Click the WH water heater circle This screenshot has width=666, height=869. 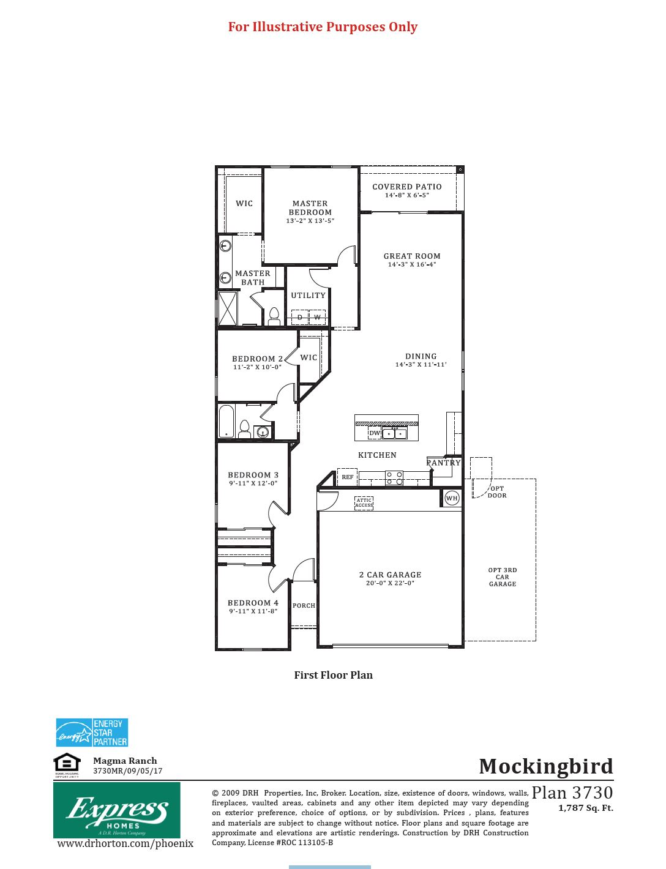(x=452, y=498)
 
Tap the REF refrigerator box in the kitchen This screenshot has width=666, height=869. (x=347, y=477)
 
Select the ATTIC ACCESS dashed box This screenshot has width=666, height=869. (x=364, y=503)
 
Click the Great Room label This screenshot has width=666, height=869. (x=412, y=256)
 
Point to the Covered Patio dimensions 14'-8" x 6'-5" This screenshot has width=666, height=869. (x=407, y=196)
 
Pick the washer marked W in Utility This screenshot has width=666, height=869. (x=317, y=318)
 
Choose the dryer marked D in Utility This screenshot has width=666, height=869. (x=300, y=318)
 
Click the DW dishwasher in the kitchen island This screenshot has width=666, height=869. (x=375, y=433)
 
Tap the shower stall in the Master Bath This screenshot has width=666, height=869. (x=228, y=308)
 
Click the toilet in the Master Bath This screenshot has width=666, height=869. (x=274, y=316)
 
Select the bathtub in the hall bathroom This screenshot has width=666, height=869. (x=226, y=420)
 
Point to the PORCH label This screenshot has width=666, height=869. (x=304, y=606)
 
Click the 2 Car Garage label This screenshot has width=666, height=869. (x=390, y=575)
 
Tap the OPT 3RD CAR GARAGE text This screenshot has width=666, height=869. (x=503, y=577)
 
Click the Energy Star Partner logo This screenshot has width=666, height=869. (x=92, y=733)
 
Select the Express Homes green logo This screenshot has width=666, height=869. (x=117, y=810)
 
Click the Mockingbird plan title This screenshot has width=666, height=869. (x=545, y=766)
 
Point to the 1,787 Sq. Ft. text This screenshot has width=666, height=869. (x=585, y=808)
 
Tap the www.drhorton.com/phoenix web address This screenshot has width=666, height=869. (x=125, y=844)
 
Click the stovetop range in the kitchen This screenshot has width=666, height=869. (x=394, y=477)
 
